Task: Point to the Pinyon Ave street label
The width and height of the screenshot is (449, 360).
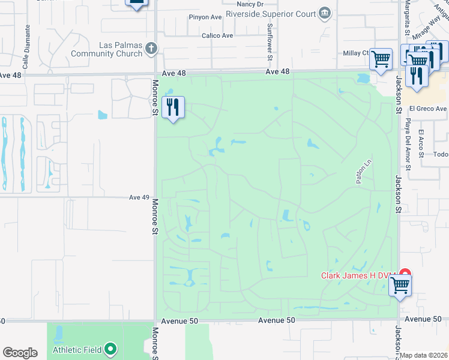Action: [x=205, y=17]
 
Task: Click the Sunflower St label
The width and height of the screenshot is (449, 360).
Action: [x=270, y=37]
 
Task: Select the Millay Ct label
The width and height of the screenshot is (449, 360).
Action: [x=356, y=53]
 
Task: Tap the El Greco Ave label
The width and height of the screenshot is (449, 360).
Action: [x=428, y=109]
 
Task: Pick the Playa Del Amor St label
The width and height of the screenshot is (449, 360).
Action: [x=407, y=145]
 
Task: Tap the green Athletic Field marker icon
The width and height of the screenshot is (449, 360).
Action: [x=110, y=349]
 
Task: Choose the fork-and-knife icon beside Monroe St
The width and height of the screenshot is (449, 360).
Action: [x=173, y=107]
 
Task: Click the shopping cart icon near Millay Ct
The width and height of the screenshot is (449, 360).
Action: [x=381, y=59]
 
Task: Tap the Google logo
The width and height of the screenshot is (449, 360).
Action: [x=20, y=353]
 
